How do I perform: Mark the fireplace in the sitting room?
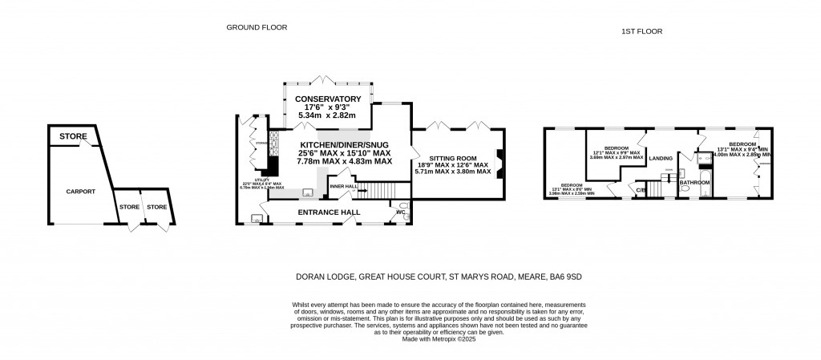coord(499,164)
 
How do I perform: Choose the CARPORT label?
coord(81,192)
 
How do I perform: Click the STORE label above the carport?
coord(72,137)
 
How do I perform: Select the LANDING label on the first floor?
coord(661,159)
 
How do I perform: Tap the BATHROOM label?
coord(694,183)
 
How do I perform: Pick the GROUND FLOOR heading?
coord(257,27)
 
